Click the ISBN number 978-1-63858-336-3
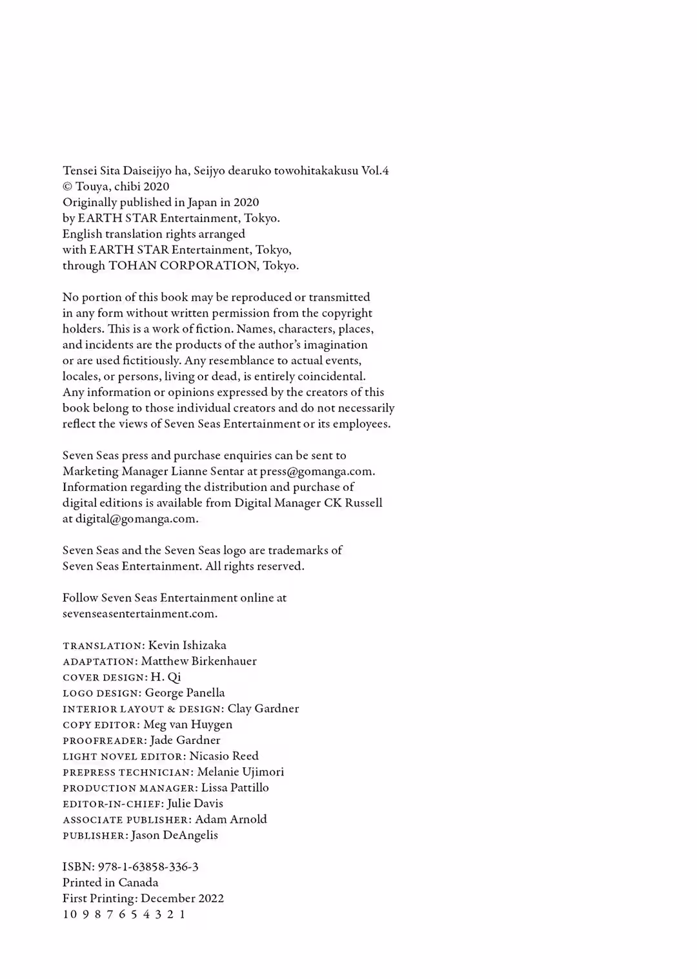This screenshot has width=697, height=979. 148,867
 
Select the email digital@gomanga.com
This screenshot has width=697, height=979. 136,519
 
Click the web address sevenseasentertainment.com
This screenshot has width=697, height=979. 139,613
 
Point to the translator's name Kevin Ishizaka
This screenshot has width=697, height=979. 187,645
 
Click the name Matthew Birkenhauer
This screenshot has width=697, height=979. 199,661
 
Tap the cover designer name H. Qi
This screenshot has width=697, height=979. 166,677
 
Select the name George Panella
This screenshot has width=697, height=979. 185,692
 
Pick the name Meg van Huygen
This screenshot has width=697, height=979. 188,724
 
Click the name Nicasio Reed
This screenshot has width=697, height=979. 224,756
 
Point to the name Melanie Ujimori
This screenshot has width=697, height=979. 240,772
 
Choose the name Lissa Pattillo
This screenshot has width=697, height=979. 235,787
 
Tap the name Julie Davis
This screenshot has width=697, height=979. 195,803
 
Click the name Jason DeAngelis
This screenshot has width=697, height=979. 174,835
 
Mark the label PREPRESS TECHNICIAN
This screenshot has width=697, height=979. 127,772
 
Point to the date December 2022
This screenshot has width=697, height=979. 182,898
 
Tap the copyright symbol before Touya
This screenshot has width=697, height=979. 67,187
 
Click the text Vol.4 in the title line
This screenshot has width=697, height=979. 375,170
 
